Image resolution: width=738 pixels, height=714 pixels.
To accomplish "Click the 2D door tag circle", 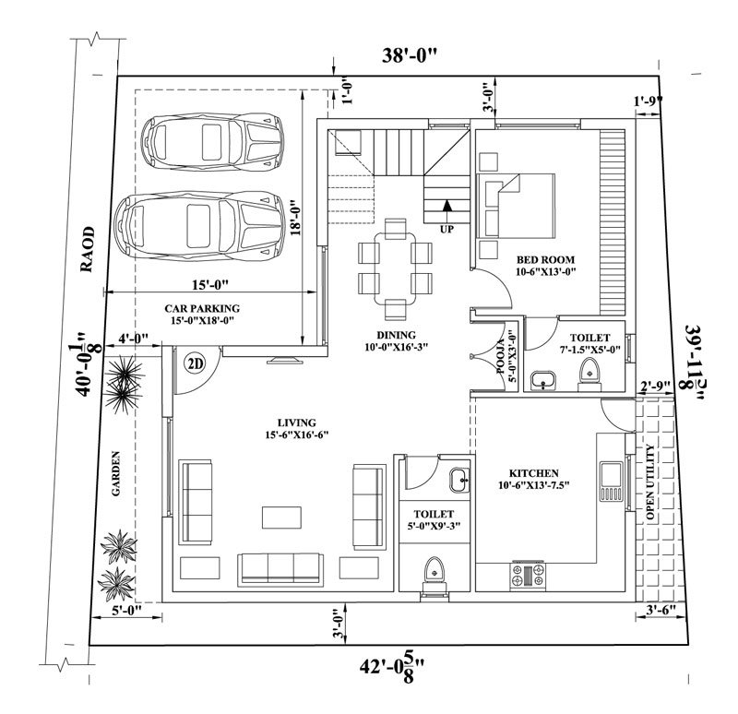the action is pyautogui.click(x=195, y=363).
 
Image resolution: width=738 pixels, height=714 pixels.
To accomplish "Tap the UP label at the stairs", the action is pyautogui.click(x=446, y=229).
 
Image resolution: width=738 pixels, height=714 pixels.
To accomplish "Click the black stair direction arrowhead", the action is pyautogui.click(x=447, y=205).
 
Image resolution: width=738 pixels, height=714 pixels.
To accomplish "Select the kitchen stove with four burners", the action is pyautogui.click(x=528, y=575).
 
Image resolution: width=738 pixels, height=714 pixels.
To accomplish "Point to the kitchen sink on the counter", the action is pyautogui.click(x=612, y=482).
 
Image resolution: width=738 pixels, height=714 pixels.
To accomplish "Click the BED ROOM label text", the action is pyautogui.click(x=545, y=259).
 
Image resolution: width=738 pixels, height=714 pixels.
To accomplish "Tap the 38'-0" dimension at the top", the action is pyautogui.click(x=409, y=56).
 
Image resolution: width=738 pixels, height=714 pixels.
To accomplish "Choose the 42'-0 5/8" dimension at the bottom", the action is pyautogui.click(x=394, y=666).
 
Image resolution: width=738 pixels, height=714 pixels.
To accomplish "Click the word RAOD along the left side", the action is pyautogui.click(x=87, y=249).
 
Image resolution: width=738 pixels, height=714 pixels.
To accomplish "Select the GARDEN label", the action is pyautogui.click(x=116, y=473).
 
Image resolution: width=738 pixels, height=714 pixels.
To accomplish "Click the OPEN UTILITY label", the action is pyautogui.click(x=650, y=482).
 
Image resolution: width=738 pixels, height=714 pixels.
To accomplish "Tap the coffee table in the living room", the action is pyautogui.click(x=281, y=518).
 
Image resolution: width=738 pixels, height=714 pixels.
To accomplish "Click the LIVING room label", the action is pyautogui.click(x=296, y=422).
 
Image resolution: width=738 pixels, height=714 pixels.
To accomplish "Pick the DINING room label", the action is pyautogui.click(x=397, y=335).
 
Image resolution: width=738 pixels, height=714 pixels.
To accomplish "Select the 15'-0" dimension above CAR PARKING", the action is pyautogui.click(x=210, y=284).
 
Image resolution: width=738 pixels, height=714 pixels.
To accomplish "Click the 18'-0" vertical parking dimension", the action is pyautogui.click(x=295, y=219).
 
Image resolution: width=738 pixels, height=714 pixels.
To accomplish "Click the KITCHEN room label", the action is pyautogui.click(x=534, y=473).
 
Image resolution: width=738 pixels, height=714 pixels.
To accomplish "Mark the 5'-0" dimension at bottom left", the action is pyautogui.click(x=126, y=609).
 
